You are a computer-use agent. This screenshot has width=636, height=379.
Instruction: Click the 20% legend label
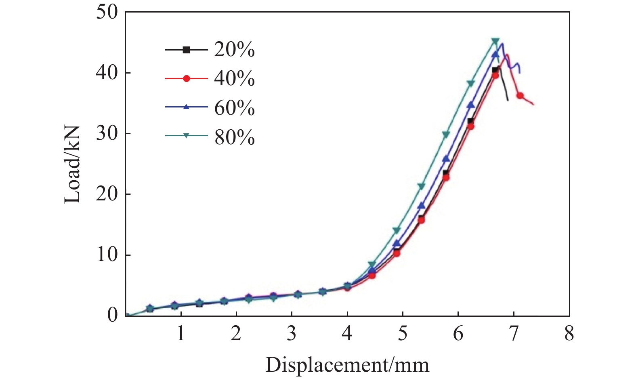tap(234, 50)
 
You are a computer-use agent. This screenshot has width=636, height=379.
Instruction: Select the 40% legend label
tap(234, 79)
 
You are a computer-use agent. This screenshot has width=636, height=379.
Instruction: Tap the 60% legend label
tap(234, 108)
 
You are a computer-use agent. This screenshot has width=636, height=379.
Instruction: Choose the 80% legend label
tap(234, 138)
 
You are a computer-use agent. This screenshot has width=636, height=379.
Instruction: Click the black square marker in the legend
tap(186, 50)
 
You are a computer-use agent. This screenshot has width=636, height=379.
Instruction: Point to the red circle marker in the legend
tap(186, 79)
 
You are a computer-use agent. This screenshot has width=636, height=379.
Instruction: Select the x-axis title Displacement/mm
tap(347, 365)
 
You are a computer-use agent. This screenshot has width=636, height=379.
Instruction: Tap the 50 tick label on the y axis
tap(107, 12)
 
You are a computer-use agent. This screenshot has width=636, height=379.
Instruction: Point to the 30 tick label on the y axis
tap(107, 133)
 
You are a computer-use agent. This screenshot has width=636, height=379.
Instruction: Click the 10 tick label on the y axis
tap(107, 255)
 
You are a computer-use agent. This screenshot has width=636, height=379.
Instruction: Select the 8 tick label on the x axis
tap(569, 334)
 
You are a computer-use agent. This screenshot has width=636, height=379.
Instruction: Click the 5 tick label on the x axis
tap(402, 334)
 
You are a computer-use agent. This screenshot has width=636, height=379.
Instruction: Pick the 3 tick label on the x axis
tap(291, 334)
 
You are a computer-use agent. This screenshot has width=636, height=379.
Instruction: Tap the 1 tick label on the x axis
tap(181, 334)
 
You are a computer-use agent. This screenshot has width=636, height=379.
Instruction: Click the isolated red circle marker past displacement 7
tap(520, 96)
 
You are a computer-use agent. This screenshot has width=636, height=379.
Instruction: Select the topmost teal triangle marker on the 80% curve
tap(495, 41)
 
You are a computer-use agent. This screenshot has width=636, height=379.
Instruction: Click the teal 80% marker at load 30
tap(446, 134)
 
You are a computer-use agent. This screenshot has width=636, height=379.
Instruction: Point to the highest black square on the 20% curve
tap(495, 70)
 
